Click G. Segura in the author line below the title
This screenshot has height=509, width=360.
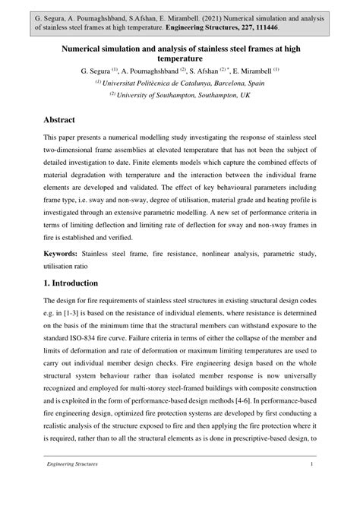[x=97, y=70]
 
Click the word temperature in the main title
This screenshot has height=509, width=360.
[x=179, y=58]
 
